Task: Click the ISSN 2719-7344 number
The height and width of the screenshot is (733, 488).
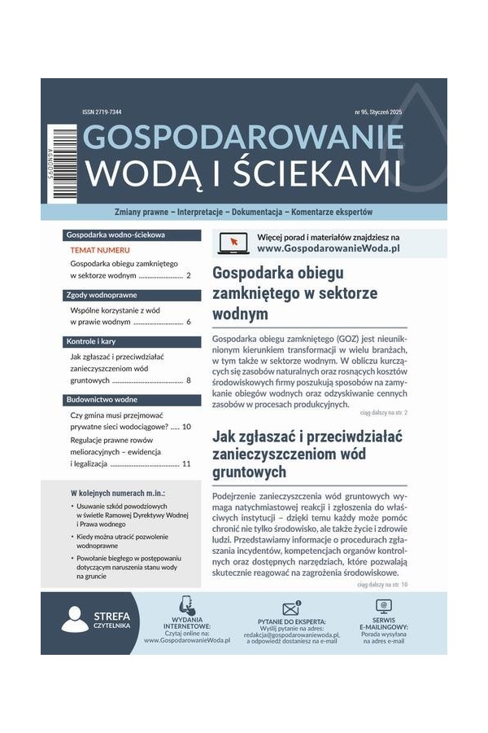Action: tap(102, 112)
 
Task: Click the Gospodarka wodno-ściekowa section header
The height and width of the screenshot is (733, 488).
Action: tap(115, 235)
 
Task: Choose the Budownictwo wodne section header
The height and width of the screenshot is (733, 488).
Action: tap(104, 400)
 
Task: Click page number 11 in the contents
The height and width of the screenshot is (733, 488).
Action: tap(186, 463)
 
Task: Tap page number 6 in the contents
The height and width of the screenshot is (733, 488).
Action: tap(188, 322)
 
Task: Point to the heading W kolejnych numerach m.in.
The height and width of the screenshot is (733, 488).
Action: tap(118, 494)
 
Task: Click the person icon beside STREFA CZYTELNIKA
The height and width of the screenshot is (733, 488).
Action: tap(75, 620)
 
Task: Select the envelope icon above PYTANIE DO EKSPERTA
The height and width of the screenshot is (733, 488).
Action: tap(291, 608)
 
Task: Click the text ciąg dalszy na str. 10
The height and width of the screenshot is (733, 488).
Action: tap(382, 585)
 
